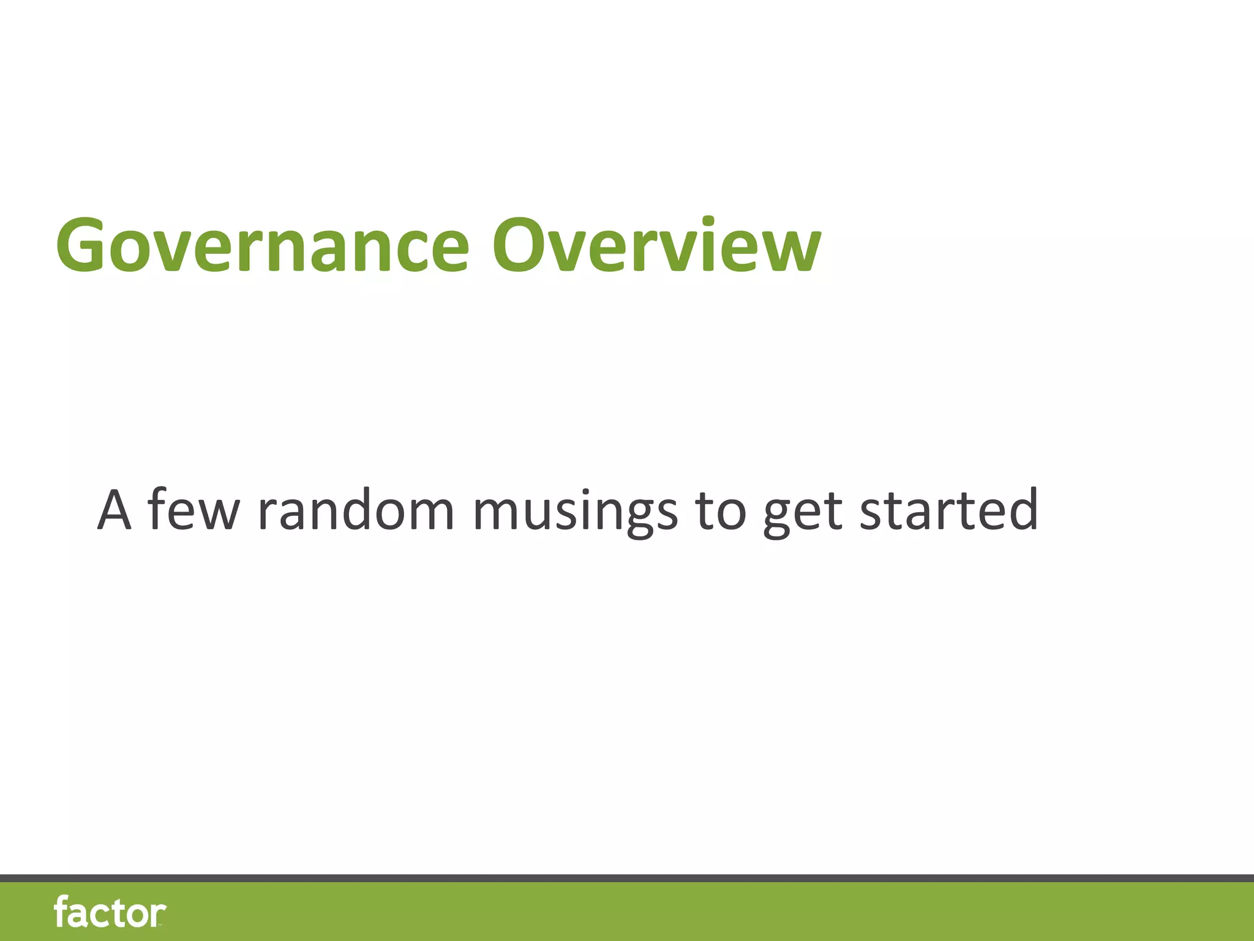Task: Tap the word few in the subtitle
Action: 193,510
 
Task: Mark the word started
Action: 948,510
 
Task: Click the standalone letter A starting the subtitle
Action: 115,510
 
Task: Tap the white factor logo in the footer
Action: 110,912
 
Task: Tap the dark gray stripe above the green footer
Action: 627,879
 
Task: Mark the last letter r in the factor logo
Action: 158,914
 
